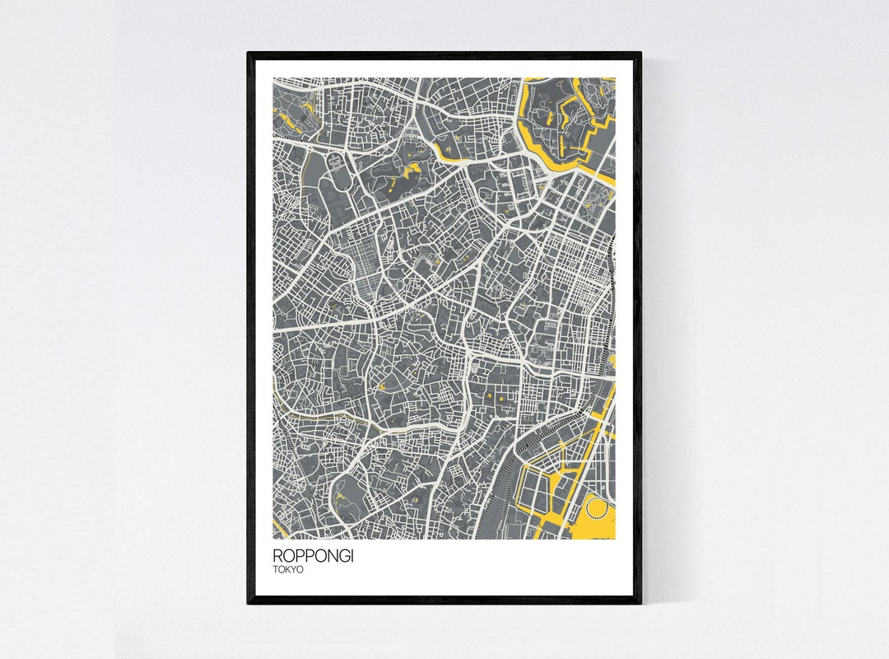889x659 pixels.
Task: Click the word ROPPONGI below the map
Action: tap(313, 557)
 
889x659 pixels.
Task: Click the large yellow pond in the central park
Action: tap(405, 174)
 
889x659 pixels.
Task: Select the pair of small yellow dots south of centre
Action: tap(494, 398)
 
